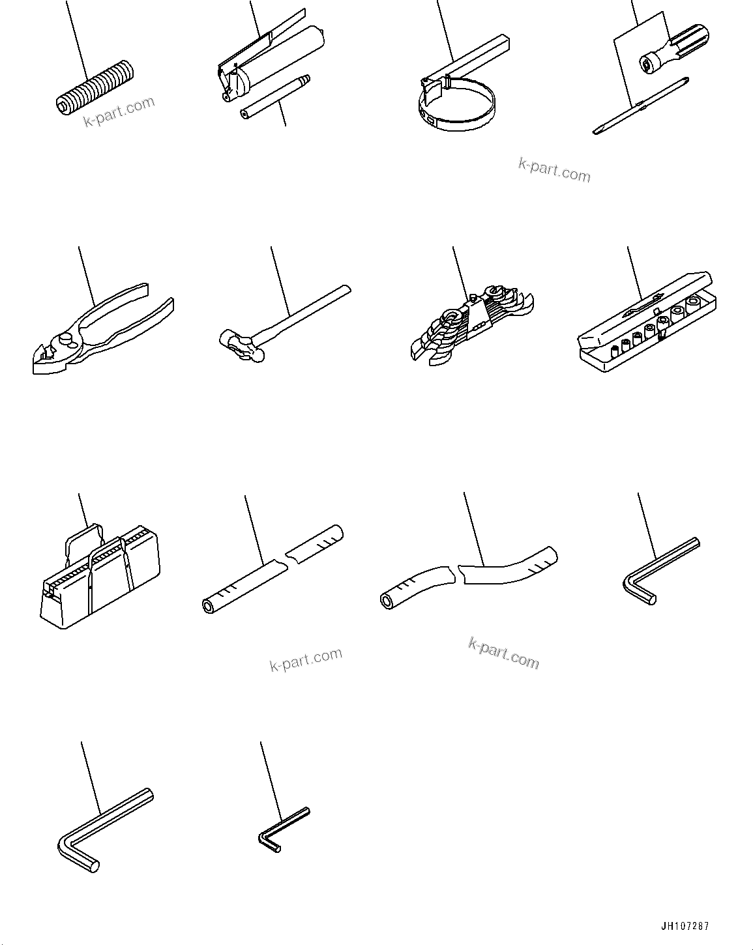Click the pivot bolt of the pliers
(65, 339)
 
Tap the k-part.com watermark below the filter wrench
(554, 171)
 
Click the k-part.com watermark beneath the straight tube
(305, 660)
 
